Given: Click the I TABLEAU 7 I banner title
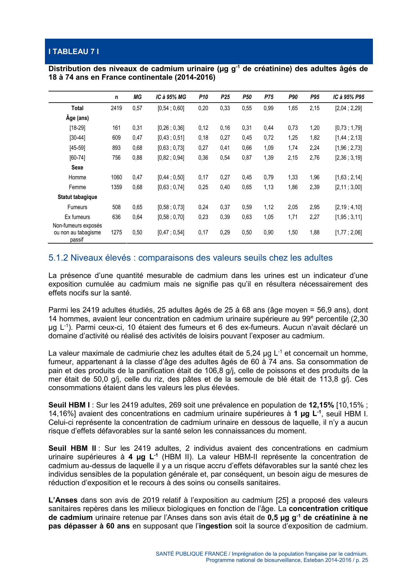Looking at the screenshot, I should [x=73, y=51].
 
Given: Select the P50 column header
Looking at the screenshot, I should [x=247, y=97].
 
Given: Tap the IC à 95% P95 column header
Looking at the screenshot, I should [x=348, y=97].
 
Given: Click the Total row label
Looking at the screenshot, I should [x=77, y=108].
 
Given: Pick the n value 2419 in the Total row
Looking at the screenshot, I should [x=116, y=108].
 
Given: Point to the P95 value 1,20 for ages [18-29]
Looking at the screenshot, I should [x=315, y=128].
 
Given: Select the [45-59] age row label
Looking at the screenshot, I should [x=77, y=148].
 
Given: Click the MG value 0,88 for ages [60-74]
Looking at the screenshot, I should [x=137, y=158].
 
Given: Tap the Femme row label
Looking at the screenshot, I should [x=77, y=187].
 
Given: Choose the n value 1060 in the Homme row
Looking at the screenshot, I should [x=116, y=177].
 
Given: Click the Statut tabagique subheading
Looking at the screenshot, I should [x=77, y=197].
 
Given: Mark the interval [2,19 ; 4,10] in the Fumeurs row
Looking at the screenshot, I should [x=348, y=207].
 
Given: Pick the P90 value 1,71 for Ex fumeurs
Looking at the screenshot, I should [x=293, y=217].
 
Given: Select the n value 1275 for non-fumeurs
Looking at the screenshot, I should [x=116, y=232].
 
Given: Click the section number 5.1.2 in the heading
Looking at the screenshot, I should [x=58, y=258].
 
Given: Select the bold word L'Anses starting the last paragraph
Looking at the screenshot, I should [x=63, y=500].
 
